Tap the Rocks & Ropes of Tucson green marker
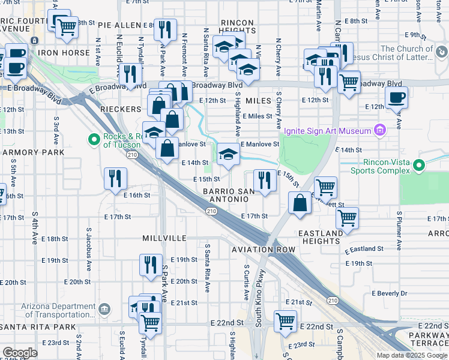94,140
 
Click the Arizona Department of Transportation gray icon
105,308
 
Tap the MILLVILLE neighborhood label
164,238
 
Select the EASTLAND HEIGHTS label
321,236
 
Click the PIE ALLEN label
119,26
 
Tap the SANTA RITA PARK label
38,327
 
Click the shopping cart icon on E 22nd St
285,320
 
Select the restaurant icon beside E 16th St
115,178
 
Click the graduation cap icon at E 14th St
228,155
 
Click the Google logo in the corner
20,353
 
